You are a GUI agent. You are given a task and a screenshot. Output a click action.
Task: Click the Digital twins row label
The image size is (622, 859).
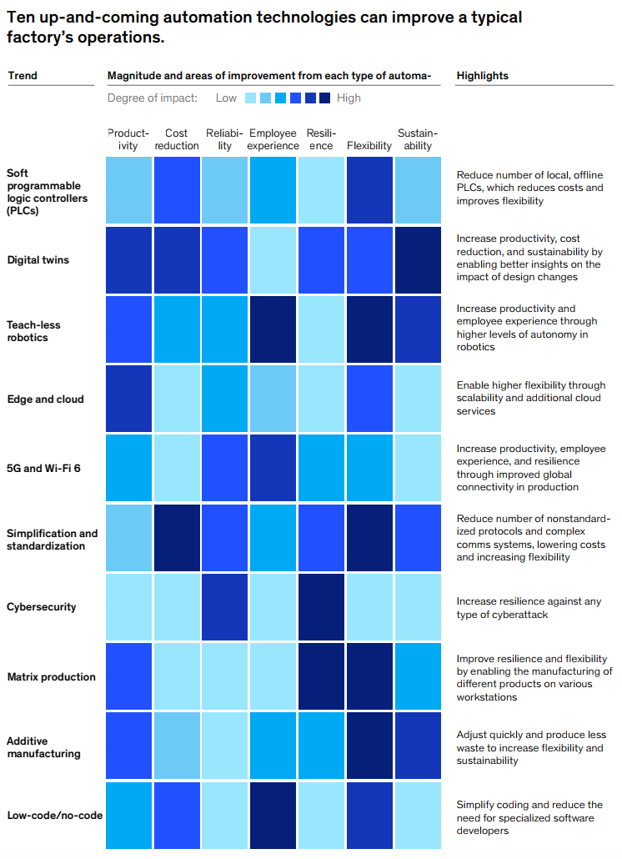point(38,260)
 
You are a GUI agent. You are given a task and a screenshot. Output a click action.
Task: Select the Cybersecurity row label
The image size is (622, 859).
point(41,607)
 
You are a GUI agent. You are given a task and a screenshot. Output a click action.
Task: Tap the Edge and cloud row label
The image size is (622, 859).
point(45,399)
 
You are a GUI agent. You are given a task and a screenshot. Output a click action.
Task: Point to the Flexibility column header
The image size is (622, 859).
point(369,146)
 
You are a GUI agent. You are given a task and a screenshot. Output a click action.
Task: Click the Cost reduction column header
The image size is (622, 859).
point(177,139)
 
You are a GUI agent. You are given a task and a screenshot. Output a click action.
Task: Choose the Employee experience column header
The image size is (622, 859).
point(273,139)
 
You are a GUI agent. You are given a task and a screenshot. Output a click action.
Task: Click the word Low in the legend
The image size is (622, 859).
point(226,98)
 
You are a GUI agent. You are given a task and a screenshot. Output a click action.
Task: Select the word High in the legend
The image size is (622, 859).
point(349,98)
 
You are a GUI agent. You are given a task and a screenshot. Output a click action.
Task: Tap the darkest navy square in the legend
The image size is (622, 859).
point(325,98)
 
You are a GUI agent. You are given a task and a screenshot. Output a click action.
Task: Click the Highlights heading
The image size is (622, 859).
point(482,76)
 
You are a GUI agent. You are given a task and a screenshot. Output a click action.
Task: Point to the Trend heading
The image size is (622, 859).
point(23,76)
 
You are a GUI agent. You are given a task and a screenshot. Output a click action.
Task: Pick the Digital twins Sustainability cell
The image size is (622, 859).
point(418,260)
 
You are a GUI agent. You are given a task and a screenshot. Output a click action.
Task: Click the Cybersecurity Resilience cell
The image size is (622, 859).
point(321,607)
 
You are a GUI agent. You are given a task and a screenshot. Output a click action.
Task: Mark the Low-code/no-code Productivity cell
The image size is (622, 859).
point(128,815)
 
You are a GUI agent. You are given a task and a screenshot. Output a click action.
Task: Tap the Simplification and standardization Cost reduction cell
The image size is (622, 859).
point(177,538)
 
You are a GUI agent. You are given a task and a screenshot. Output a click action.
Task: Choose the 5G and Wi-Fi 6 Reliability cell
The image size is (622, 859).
point(224,469)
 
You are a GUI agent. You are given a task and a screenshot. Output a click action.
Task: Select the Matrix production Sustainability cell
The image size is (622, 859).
point(418,676)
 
